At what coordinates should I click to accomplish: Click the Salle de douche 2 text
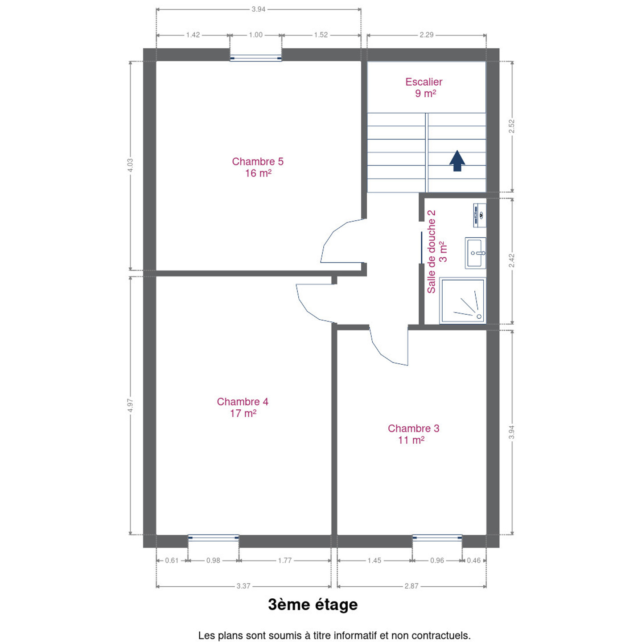pyautogui.click(x=432, y=251)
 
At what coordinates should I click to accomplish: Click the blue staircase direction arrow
pyautogui.click(x=457, y=160)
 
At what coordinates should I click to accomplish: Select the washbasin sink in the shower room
pyautogui.click(x=475, y=253)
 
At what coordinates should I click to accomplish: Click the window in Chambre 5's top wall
pyautogui.click(x=256, y=58)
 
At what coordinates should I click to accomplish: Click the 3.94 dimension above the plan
pyautogui.click(x=258, y=9)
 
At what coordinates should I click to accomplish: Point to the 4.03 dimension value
pyautogui.click(x=130, y=165)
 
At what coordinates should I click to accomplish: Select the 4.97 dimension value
pyautogui.click(x=130, y=405)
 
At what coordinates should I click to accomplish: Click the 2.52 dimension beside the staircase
pyautogui.click(x=512, y=126)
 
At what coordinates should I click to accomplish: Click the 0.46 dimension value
pyautogui.click(x=474, y=560)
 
